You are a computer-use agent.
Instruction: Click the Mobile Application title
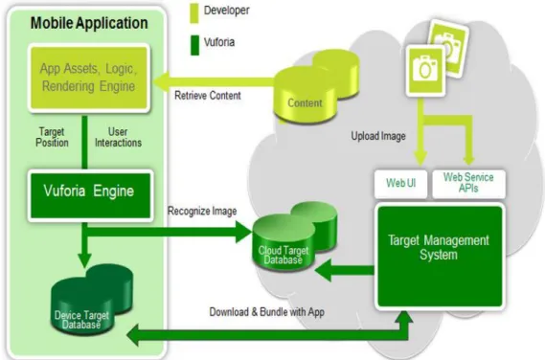(x=89, y=23)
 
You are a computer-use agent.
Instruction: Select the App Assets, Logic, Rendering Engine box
(x=89, y=79)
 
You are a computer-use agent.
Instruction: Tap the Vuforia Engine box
(x=90, y=195)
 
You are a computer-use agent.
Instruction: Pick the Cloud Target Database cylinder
(x=294, y=236)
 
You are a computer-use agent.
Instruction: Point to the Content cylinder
(x=315, y=87)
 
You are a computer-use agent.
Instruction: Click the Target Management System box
(x=440, y=257)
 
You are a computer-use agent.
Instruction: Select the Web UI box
(x=400, y=184)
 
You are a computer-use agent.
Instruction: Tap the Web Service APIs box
(x=468, y=184)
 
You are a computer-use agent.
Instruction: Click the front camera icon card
(x=425, y=71)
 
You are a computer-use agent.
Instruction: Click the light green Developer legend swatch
(x=194, y=13)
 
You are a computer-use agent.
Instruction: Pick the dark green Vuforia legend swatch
(x=194, y=45)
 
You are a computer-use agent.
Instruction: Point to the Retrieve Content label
(x=208, y=96)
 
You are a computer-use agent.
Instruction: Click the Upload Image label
(x=378, y=136)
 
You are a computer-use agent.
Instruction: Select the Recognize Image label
(x=202, y=211)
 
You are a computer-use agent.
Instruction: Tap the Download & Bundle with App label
(x=266, y=312)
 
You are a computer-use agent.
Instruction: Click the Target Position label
(x=52, y=137)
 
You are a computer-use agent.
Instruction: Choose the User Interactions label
(x=118, y=137)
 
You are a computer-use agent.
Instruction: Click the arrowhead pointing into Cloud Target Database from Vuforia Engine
(x=243, y=232)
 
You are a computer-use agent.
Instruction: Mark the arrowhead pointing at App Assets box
(x=161, y=82)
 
